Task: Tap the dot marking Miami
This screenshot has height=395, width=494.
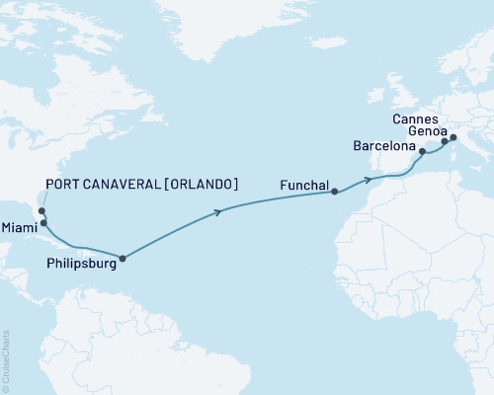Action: click(x=43, y=223)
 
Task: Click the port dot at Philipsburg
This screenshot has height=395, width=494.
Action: click(x=123, y=259)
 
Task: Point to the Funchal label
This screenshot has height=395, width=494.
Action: click(x=305, y=183)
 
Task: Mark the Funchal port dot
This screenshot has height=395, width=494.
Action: click(x=335, y=192)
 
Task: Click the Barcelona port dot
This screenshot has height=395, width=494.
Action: click(x=422, y=152)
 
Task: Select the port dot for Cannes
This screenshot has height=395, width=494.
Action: click(x=444, y=142)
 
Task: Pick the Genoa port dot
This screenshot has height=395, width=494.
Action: click(x=453, y=138)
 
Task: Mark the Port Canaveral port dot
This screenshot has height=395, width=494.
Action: click(x=41, y=210)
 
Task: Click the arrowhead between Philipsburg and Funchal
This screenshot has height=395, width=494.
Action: click(x=216, y=210)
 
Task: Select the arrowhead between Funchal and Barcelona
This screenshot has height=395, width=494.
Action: click(x=367, y=180)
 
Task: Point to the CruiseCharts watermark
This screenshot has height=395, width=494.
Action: click(x=6, y=359)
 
